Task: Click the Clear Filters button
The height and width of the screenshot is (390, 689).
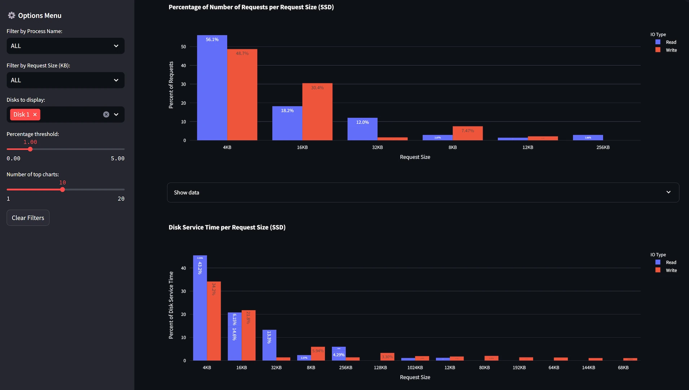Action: coord(28,218)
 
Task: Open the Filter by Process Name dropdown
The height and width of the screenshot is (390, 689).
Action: coord(65,46)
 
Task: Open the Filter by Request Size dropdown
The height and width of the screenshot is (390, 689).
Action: coord(65,80)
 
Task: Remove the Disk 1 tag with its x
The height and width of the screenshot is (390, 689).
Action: coord(35,114)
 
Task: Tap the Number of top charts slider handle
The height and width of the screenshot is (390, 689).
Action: coord(62,190)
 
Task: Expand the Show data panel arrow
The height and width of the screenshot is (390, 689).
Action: coord(668,192)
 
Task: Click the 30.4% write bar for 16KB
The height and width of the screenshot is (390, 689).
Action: coord(317,112)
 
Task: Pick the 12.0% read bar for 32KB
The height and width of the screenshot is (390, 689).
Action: coord(362,129)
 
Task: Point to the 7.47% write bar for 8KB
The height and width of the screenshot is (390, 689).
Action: coord(468,133)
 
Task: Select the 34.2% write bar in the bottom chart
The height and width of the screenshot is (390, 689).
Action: coord(214,321)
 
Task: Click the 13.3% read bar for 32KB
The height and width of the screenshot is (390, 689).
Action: coord(269,345)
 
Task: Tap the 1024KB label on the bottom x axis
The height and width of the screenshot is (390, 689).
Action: coord(415,368)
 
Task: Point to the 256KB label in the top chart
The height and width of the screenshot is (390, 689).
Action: coord(603,147)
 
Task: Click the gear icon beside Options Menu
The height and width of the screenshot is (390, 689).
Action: coord(12,16)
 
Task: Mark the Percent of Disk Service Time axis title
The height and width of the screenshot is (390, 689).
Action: coord(171,305)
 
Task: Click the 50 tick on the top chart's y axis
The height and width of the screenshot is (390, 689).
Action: coord(184,47)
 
